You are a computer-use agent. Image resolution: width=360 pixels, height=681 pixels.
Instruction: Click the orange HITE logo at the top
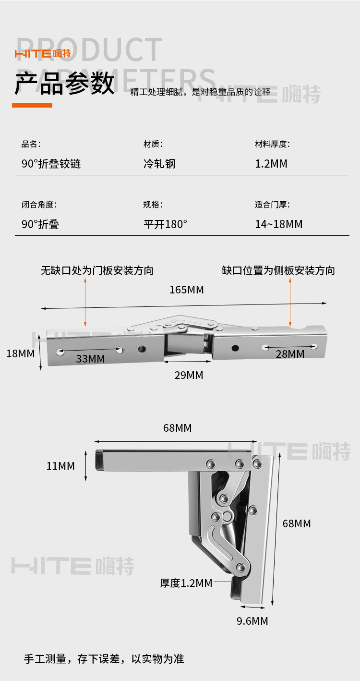click(43, 53)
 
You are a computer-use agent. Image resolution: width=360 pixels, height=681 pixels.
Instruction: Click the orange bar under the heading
click(32, 105)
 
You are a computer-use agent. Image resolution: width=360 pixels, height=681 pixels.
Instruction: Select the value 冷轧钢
click(159, 164)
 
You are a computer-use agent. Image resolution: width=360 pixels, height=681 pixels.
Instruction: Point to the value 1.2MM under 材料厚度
click(271, 164)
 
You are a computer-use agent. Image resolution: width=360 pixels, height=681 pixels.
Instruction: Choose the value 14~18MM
click(279, 224)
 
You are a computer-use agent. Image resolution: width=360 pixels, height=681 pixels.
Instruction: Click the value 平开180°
click(165, 224)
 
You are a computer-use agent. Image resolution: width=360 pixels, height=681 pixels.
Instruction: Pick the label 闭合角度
click(39, 205)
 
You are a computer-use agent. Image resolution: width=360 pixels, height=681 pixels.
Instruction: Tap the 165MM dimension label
click(186, 290)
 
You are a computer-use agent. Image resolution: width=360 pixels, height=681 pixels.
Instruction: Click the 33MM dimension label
click(90, 359)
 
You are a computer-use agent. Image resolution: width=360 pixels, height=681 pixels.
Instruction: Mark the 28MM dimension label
click(290, 354)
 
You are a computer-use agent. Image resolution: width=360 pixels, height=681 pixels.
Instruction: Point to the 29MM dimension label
click(189, 375)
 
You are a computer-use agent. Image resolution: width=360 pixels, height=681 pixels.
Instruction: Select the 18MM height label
click(20, 354)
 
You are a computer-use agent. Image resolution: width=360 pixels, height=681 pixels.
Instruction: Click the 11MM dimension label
click(60, 466)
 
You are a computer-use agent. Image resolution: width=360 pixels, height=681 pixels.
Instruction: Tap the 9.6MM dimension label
click(252, 621)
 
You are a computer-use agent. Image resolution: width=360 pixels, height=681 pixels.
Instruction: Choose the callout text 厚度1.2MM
click(186, 583)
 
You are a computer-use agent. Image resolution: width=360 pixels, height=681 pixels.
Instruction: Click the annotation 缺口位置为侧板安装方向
click(278, 270)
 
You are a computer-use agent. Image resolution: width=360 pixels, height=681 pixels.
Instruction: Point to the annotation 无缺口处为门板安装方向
click(97, 270)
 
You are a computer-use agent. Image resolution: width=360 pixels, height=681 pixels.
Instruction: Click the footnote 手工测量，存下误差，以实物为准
click(104, 659)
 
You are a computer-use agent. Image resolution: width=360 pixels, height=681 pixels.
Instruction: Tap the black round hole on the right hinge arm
click(235, 347)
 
